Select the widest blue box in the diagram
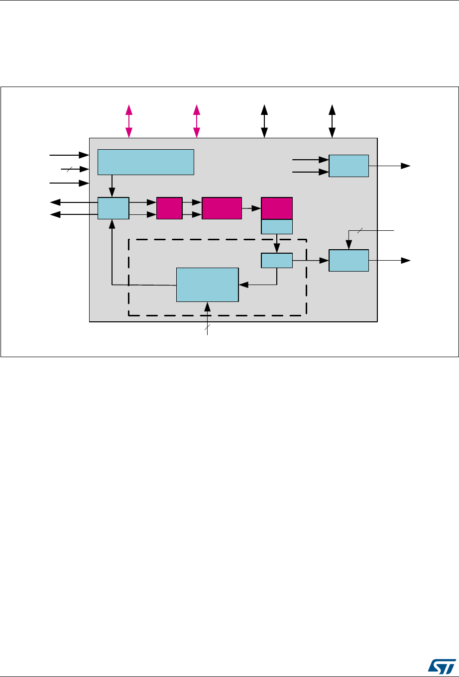145,162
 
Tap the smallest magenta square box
169,208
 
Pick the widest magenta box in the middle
222,208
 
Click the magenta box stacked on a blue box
277,208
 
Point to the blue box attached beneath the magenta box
277,226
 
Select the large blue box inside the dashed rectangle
208,285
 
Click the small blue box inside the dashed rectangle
277,261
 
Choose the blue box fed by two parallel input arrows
348,166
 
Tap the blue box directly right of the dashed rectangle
348,261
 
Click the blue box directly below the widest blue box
113,208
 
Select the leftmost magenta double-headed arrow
129,121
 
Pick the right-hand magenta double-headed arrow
197,121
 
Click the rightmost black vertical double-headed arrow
332,121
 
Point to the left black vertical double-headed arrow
265,121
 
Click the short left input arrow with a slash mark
75,170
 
